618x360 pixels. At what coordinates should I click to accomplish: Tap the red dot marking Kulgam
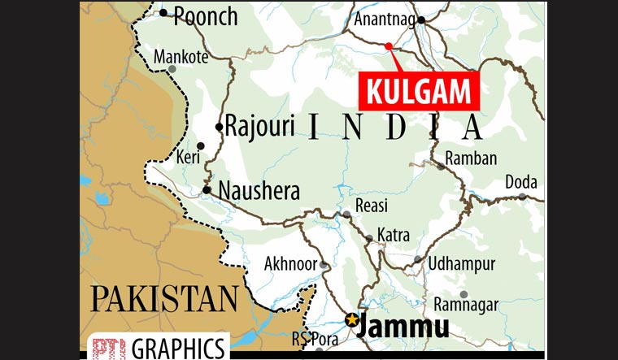389,46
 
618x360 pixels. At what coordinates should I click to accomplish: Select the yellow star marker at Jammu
351,319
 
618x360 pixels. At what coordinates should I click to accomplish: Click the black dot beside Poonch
163,12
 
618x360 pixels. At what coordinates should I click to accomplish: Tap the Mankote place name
181,57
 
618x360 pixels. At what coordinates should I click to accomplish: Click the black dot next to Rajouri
219,127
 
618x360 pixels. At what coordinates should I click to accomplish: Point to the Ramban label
471,158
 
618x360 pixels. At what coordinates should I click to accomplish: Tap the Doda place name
521,182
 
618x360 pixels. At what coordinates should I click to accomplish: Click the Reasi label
372,206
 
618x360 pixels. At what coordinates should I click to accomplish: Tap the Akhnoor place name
290,263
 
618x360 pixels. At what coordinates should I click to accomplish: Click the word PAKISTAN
163,298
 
